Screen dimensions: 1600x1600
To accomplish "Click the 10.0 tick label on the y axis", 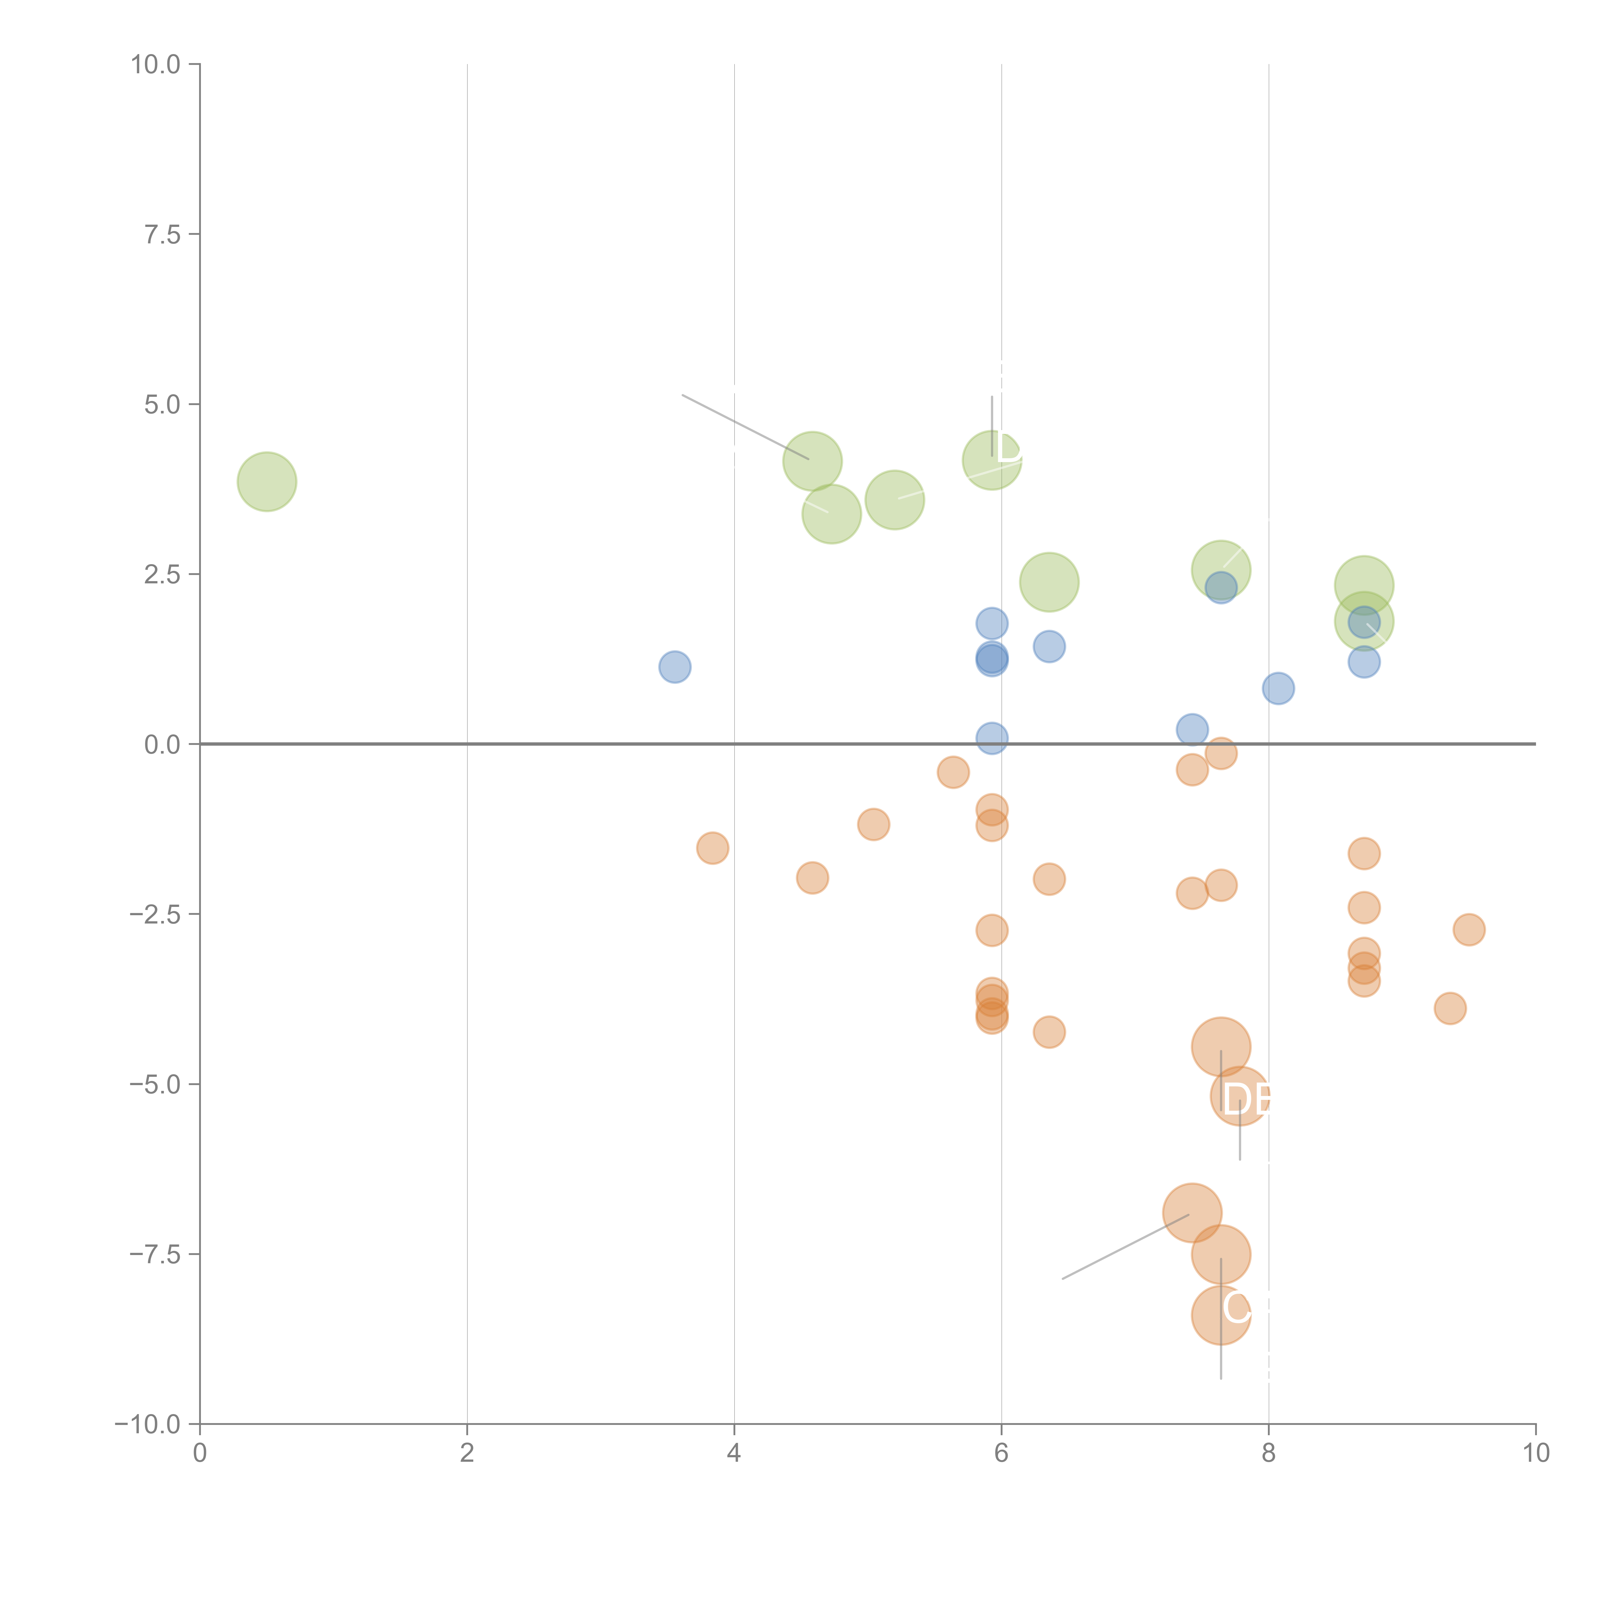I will point(156,65).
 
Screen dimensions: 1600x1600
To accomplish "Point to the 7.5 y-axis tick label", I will point(162,234).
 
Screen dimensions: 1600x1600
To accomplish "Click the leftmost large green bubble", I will point(267,481).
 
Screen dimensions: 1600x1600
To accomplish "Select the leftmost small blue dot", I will point(675,667).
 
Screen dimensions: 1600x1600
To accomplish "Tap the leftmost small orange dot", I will point(712,848).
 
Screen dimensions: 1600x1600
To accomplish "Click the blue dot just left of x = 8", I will point(1192,730).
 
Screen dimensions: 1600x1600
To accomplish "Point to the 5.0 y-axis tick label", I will point(162,404).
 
